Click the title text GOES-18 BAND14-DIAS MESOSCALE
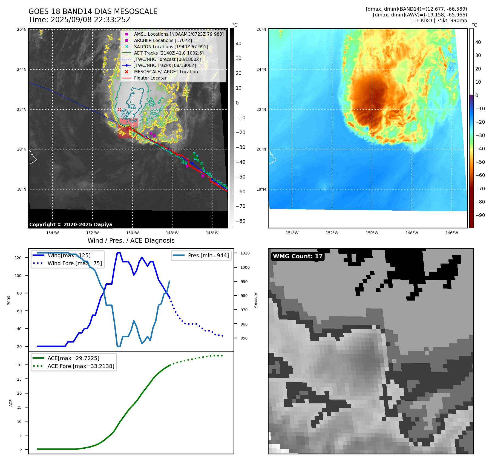93,12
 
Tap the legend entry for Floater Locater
150,78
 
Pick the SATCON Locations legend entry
171,47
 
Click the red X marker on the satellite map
119,109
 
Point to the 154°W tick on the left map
53,233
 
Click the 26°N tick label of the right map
261,29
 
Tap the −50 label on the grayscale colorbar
241,177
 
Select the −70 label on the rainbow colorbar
480,188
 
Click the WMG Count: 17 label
298,256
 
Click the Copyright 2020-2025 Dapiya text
71,225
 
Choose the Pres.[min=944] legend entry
208,255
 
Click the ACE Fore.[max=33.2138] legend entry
81,366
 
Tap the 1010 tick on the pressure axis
245,253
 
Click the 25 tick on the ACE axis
19,379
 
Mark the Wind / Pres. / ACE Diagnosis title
131,241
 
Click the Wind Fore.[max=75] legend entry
74,263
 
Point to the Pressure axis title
255,300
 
